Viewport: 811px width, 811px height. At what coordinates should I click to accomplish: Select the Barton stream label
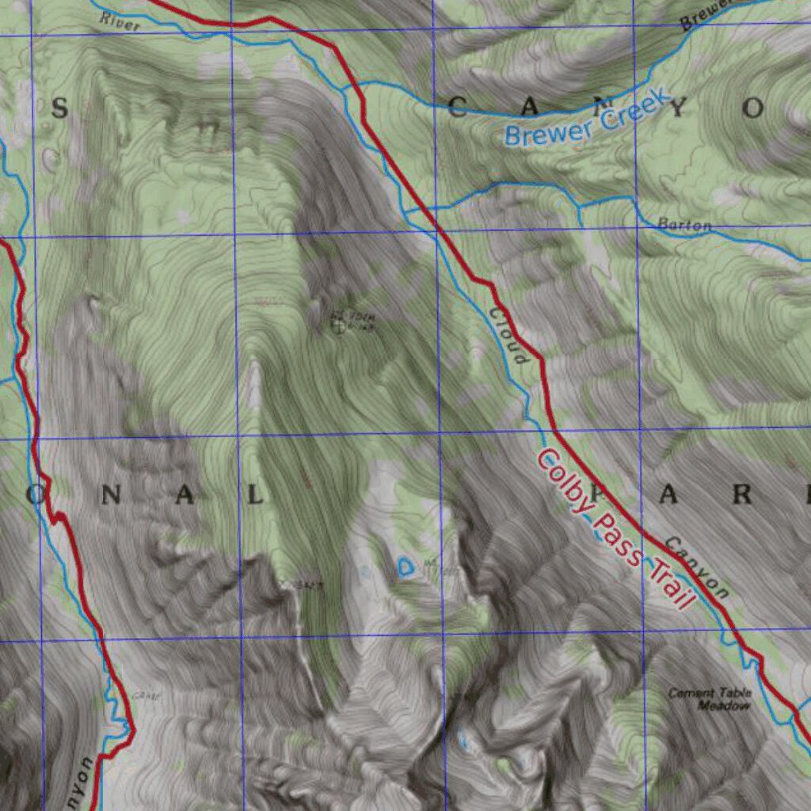coord(684,226)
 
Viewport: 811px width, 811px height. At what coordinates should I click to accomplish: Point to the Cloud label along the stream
coord(507,336)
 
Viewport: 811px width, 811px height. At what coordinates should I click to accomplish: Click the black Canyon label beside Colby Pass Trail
coord(695,567)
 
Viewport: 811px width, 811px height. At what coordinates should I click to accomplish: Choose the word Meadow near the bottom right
coord(723,705)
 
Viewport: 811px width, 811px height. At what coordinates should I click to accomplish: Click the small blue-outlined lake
coord(405,566)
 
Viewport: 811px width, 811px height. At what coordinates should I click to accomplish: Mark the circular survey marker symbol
coord(341,323)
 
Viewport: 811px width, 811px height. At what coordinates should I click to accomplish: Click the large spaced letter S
coord(59,109)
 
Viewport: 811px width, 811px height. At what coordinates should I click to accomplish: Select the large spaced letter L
coord(254,496)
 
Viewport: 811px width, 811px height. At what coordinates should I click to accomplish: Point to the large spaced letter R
coord(743,495)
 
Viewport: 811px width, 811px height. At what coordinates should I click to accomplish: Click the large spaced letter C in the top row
coord(457,109)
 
